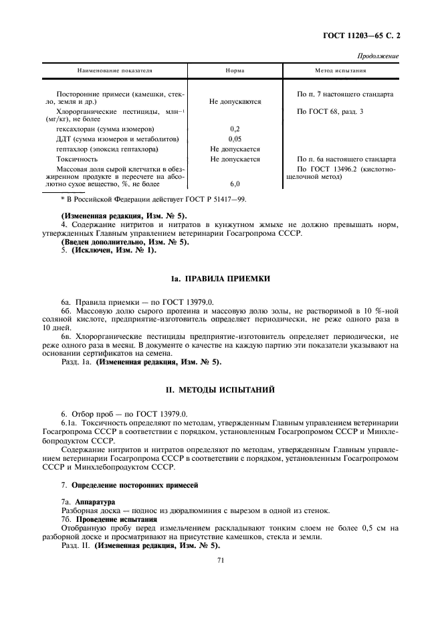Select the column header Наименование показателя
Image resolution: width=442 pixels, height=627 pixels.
[x=115, y=70]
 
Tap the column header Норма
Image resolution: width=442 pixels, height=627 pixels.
[x=235, y=70]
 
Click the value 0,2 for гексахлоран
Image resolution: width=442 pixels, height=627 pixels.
[x=235, y=128]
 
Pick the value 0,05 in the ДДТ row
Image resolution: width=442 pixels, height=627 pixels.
[x=235, y=139]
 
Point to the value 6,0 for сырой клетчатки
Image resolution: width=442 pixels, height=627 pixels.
[x=235, y=183]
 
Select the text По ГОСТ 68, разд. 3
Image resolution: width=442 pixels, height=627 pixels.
[x=330, y=111]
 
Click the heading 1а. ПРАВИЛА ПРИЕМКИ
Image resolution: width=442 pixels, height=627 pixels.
[x=220, y=278]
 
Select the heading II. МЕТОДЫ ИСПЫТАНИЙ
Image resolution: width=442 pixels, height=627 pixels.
[x=220, y=389]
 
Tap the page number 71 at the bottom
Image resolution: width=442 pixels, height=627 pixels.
[x=220, y=565]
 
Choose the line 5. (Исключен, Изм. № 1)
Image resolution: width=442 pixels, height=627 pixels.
[x=99, y=250]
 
